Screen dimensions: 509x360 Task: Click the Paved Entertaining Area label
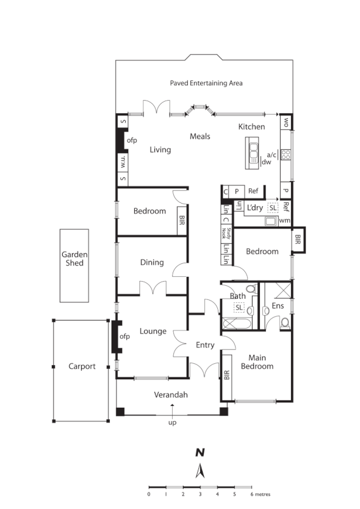click(x=206, y=83)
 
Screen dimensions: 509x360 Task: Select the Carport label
click(x=82, y=366)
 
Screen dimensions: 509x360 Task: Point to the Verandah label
click(x=171, y=395)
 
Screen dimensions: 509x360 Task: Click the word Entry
click(x=205, y=345)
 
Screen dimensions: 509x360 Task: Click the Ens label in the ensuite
click(x=278, y=304)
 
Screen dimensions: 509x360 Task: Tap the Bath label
click(x=237, y=296)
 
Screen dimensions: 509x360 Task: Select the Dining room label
click(x=152, y=262)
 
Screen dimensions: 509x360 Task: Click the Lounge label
click(x=153, y=331)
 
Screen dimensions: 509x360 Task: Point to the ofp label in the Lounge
click(x=124, y=336)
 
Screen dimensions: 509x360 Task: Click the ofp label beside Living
click(x=132, y=140)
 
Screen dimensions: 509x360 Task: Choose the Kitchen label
click(x=251, y=127)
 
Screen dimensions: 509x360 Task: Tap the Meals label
click(x=200, y=136)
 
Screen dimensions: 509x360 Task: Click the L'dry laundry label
click(x=255, y=207)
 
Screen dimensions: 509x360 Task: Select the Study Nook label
click(x=225, y=232)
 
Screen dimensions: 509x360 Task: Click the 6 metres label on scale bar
click(x=261, y=494)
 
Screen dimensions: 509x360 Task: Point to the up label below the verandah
click(x=173, y=421)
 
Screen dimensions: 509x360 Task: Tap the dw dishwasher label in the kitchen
click(x=266, y=162)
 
